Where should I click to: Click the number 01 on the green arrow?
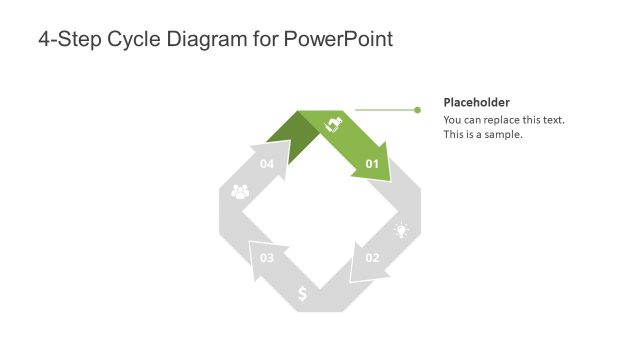[372, 163]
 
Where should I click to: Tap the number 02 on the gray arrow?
[372, 258]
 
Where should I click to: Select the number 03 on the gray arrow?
[267, 258]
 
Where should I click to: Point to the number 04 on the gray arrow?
[267, 163]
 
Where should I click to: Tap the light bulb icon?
[401, 230]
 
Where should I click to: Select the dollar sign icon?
[303, 294]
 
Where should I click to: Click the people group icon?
[240, 191]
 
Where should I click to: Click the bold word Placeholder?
[477, 102]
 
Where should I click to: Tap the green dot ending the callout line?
[418, 110]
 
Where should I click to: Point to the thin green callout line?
[385, 110]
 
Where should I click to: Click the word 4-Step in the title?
[68, 40]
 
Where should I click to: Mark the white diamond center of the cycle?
[320, 211]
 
